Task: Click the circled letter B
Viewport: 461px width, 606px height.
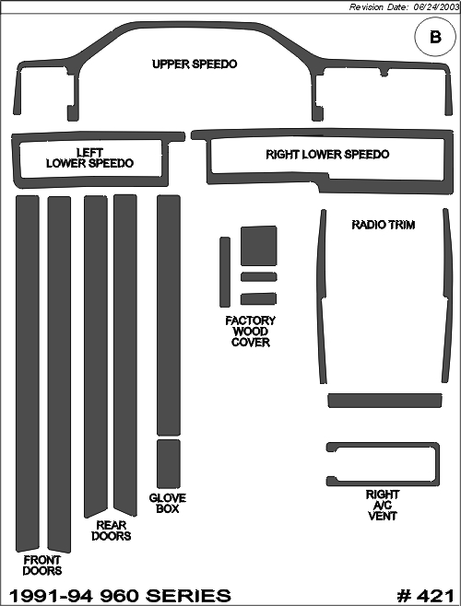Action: point(435,38)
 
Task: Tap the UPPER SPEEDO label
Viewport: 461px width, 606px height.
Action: point(195,64)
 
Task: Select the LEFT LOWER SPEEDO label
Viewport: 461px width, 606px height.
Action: point(89,157)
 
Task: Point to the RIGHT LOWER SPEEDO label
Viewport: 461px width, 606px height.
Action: point(327,154)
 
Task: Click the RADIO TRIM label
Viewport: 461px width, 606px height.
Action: point(384,225)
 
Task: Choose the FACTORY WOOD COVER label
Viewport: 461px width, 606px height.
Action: point(251,332)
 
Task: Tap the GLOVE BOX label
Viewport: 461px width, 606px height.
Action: point(168,503)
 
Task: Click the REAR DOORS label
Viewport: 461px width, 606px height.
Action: point(112,530)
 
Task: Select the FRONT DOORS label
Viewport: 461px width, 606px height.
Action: point(42,565)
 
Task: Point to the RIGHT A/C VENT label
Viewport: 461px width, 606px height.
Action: point(383,505)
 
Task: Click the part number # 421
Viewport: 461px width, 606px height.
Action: point(425,596)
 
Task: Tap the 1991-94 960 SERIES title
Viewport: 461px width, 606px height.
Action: point(120,596)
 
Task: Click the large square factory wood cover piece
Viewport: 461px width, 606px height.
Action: point(259,246)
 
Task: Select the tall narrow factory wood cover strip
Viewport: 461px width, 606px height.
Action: point(225,272)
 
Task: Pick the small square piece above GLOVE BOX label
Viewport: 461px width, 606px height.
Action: point(169,464)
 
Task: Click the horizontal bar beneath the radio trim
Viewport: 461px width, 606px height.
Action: point(384,401)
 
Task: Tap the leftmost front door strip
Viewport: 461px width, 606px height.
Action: point(28,373)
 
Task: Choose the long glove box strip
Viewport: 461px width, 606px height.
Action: point(169,315)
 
